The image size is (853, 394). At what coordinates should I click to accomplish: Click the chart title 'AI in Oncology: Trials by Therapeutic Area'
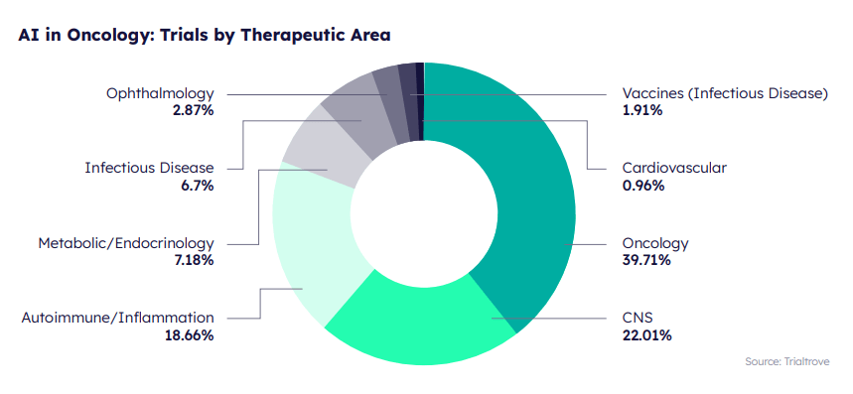tap(204, 35)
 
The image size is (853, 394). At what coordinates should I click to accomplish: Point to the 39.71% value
tap(646, 260)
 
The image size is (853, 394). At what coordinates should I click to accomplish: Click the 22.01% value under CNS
tap(646, 335)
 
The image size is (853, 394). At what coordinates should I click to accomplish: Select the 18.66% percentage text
tap(189, 335)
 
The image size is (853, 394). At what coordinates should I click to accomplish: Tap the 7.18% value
tap(195, 260)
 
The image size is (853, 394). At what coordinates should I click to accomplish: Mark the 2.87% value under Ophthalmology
tap(193, 110)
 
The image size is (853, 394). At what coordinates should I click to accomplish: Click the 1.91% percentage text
tap(642, 110)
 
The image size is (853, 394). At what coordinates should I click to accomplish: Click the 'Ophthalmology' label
tap(160, 93)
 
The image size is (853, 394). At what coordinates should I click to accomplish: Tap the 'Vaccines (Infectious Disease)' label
tap(725, 93)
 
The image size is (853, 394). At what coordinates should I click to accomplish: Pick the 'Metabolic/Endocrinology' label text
tap(126, 243)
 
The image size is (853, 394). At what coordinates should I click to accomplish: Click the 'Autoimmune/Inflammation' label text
tap(117, 318)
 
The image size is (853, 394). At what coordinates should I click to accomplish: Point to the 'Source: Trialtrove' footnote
tap(786, 361)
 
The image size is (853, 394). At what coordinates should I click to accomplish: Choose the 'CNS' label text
tap(638, 318)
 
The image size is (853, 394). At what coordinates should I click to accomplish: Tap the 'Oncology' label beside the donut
tap(654, 243)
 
